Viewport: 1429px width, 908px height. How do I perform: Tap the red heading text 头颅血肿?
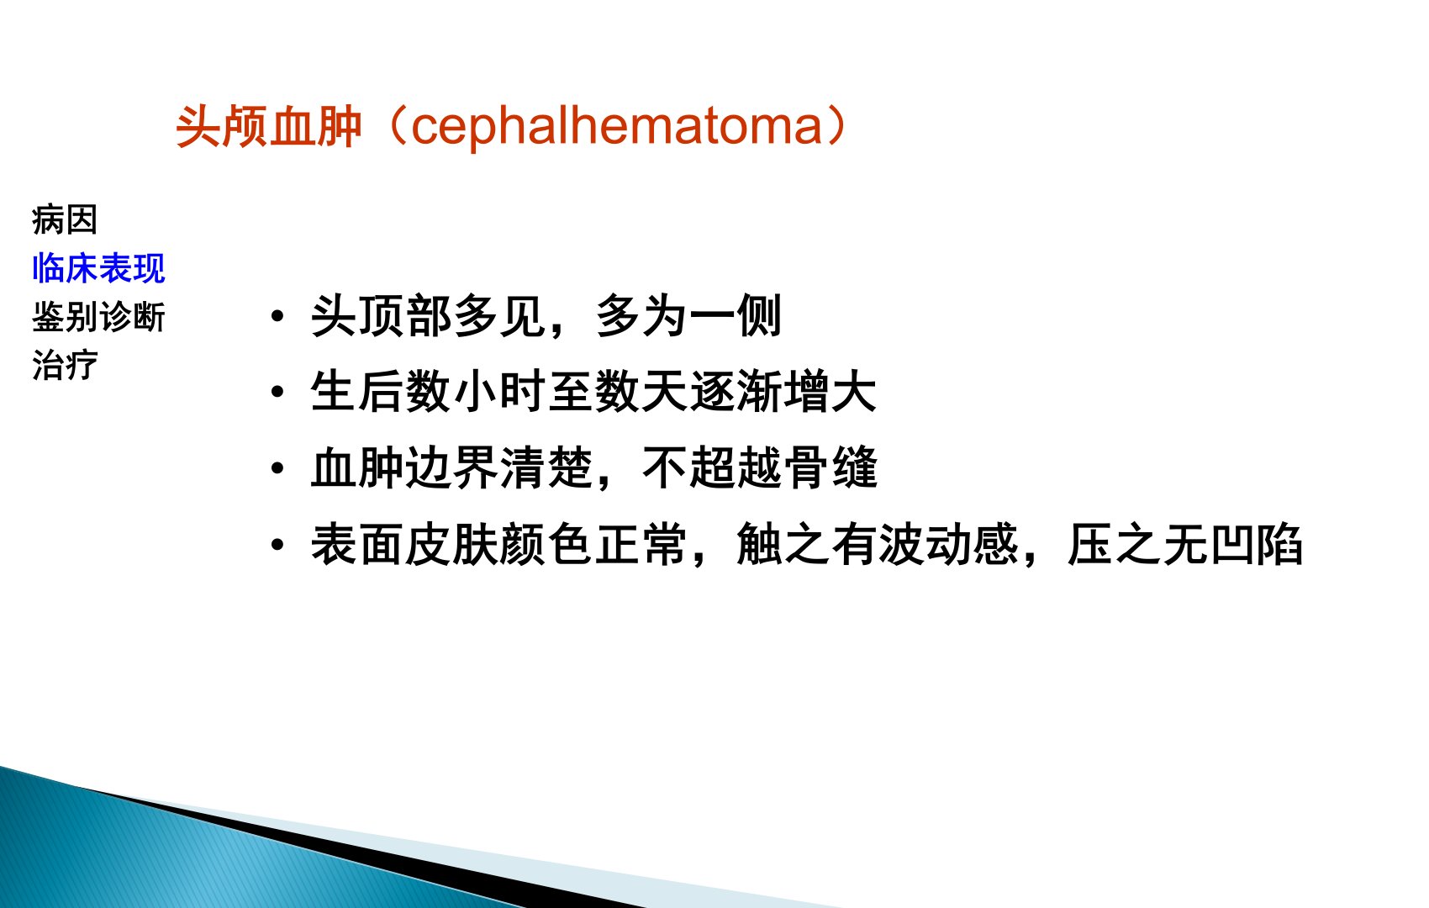point(269,126)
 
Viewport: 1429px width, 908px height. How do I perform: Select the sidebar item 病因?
point(65,219)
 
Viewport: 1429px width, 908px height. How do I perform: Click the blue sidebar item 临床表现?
point(98,268)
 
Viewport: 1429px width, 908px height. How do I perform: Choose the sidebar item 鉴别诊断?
point(98,317)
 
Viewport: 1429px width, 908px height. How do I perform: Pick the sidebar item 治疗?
point(65,365)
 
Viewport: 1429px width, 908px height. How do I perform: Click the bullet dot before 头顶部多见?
point(277,316)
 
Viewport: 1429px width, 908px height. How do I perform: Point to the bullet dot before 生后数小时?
point(277,391)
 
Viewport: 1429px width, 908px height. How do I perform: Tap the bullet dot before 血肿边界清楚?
point(277,467)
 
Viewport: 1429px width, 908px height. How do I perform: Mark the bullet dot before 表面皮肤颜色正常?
point(277,544)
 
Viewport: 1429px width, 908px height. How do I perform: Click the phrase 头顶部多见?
point(428,316)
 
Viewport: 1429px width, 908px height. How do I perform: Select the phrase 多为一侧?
point(688,316)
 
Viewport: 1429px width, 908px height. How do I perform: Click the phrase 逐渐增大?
point(783,391)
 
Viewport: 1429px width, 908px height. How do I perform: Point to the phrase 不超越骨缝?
point(760,467)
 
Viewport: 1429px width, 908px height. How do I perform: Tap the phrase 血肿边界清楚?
point(451,467)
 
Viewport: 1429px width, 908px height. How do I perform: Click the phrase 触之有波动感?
point(878,544)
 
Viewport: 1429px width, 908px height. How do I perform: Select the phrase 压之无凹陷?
point(1185,544)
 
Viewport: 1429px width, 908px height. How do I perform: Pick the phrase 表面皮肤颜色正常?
point(498,544)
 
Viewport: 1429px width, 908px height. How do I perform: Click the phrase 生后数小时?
point(428,391)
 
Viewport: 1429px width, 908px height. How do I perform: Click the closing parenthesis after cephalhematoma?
point(836,126)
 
